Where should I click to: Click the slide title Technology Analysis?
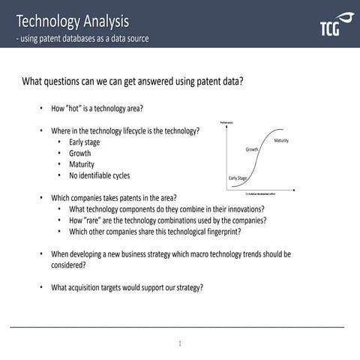point(72,20)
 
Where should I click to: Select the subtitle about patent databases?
point(82,38)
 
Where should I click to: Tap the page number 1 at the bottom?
point(180,343)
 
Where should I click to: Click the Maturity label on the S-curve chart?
point(281,141)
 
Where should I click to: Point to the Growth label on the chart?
point(252,149)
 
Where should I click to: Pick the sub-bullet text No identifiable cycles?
point(99,175)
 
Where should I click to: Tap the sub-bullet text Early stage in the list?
point(84,142)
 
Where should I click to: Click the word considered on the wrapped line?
point(67,265)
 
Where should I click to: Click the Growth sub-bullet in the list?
point(79,153)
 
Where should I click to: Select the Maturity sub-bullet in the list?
point(82,164)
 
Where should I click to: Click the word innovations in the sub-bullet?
point(244,209)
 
